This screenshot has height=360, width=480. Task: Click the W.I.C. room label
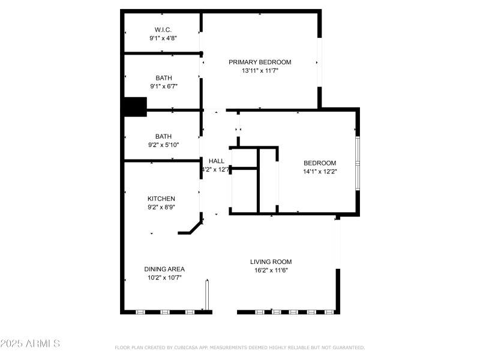[x=163, y=29]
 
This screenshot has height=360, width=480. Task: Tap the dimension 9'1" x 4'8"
[x=163, y=38]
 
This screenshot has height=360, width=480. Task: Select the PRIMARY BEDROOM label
[x=260, y=62]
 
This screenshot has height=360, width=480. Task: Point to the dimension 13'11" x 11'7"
[x=260, y=70]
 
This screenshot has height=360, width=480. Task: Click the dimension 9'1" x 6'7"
[x=163, y=86]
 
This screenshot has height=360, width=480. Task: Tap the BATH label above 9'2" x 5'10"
[x=163, y=136]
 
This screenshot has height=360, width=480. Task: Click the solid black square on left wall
[x=135, y=107]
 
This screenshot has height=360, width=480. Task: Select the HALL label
[x=216, y=161]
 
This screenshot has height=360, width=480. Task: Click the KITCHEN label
[x=161, y=199]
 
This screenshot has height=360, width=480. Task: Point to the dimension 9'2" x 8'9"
[x=161, y=207]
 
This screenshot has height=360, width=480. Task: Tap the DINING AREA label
[x=164, y=269]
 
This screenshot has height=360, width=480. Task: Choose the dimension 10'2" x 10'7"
[x=164, y=277]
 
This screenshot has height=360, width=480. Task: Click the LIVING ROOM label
[x=271, y=262]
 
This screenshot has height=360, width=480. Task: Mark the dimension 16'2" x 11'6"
[x=271, y=270]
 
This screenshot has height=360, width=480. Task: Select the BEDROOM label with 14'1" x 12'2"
[x=320, y=163]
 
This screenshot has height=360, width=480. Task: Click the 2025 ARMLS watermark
[x=30, y=344]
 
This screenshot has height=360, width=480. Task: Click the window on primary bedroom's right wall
[x=319, y=62]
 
